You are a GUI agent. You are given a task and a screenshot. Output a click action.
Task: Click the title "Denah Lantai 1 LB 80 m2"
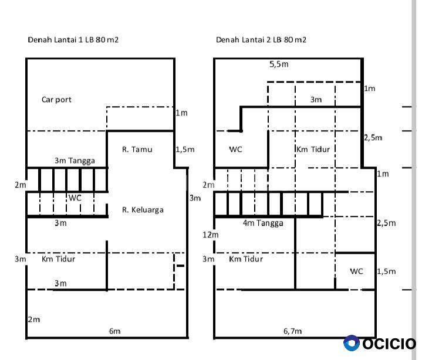tap(73, 40)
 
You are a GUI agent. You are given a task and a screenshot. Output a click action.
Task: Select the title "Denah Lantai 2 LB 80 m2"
tap(261, 40)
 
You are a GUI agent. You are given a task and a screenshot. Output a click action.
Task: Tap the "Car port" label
tap(56, 100)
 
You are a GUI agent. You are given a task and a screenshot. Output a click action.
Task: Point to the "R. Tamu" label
tap(137, 149)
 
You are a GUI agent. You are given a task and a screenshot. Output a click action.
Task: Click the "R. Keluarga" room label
tap(143, 210)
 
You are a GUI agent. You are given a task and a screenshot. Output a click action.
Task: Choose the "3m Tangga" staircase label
tap(75, 161)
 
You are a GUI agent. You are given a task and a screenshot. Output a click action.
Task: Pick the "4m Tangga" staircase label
tap(263, 223)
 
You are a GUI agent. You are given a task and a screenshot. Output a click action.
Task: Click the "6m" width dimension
tap(114, 331)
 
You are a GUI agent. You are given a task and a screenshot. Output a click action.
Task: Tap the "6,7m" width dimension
tap(292, 331)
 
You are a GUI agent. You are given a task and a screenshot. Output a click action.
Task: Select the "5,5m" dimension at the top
tap(279, 64)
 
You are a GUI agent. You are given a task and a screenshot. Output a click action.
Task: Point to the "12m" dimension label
tap(211, 235)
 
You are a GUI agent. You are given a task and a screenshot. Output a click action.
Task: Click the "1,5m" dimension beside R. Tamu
tap(185, 150)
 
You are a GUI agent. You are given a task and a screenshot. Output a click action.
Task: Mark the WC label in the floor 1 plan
tap(75, 198)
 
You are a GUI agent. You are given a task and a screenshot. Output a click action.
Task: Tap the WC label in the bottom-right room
tap(357, 271)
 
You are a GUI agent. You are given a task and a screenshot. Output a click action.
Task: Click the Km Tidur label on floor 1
tap(59, 259)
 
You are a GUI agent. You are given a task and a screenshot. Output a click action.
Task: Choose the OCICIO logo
tap(380, 344)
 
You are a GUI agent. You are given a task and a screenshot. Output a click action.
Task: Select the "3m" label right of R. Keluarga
tap(195, 198)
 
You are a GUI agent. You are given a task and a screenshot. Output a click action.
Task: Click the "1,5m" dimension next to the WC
tap(386, 271)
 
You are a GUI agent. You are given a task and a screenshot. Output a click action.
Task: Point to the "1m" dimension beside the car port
tap(181, 113)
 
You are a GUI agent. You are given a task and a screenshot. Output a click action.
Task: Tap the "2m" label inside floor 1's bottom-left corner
tap(34, 320)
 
